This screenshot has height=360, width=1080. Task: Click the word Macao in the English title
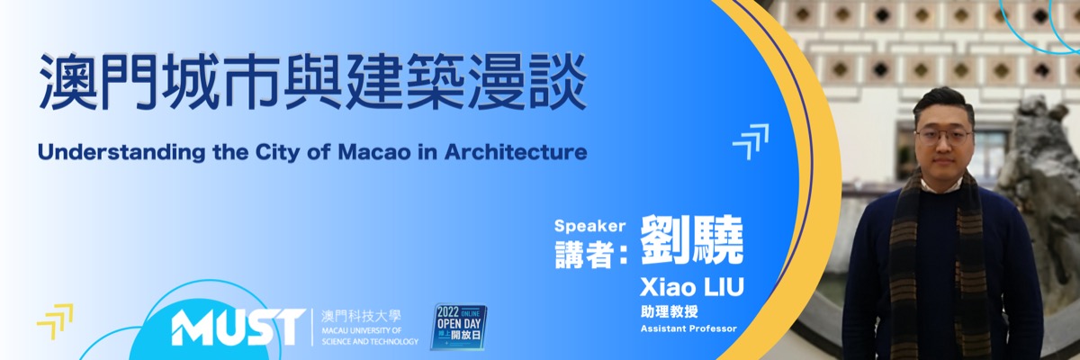(374, 152)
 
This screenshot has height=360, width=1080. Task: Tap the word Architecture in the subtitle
(515, 152)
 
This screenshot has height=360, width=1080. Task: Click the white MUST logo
(238, 327)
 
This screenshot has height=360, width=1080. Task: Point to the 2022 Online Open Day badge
(458, 327)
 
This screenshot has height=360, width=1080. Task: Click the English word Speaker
(589, 226)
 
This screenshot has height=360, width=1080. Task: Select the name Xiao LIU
(692, 287)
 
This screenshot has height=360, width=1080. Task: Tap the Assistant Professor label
(688, 328)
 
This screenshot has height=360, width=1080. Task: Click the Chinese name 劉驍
(692, 240)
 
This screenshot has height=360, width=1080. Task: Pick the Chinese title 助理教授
(669, 311)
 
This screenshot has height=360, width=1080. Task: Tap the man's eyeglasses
(943, 137)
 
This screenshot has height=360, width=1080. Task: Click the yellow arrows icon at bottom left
(55, 321)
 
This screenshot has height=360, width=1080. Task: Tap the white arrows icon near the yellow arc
(751, 141)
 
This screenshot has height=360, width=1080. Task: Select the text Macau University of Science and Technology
(370, 336)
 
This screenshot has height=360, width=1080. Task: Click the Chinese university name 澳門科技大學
(361, 316)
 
